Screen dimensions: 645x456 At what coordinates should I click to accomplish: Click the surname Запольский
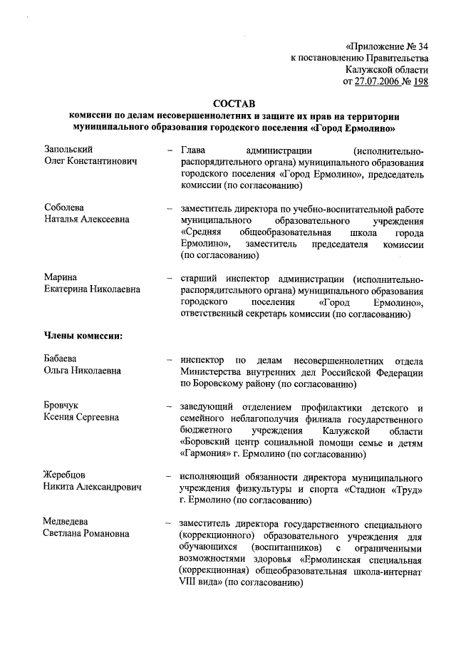click(68, 150)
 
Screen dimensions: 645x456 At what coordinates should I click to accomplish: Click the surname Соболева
click(65, 207)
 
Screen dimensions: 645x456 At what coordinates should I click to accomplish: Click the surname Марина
click(60, 277)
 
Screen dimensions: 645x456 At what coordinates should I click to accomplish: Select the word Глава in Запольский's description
click(194, 150)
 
